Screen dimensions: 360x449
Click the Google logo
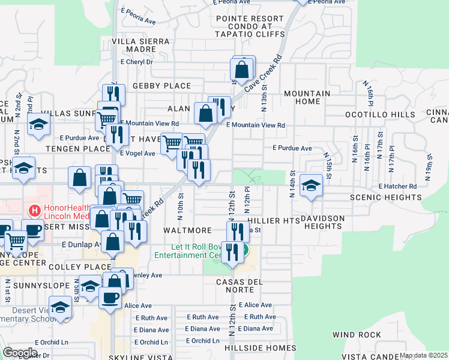coord(20,352)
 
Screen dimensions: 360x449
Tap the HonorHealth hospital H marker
coord(35,211)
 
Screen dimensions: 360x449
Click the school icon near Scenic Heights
coord(311,185)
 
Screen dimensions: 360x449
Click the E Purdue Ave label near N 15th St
coord(292,148)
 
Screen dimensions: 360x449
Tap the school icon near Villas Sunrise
coord(39,125)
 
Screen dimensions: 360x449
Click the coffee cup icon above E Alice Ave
coord(109,297)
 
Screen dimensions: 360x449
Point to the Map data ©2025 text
coord(423,355)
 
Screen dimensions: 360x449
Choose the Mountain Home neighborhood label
coord(307,98)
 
